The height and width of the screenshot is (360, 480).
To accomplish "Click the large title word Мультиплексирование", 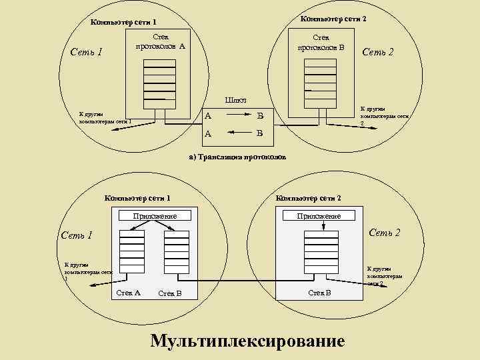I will pos(248,341).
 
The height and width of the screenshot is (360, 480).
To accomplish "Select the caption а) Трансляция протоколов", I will pos(237,157).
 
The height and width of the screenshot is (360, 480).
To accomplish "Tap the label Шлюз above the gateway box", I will pos(236,100).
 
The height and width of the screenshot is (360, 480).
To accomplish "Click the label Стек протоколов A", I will pos(160,42).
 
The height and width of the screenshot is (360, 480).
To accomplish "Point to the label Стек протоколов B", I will pos(321,42).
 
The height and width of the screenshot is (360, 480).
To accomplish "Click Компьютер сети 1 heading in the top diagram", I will pos(123,23).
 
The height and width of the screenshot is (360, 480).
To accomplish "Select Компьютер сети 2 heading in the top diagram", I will pos(333,19).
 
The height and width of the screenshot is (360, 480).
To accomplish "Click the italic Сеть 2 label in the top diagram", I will pos(378,51).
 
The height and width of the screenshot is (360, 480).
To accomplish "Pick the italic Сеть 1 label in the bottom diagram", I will pos(77,235).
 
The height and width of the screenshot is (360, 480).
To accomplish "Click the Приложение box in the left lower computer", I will pos(154,216).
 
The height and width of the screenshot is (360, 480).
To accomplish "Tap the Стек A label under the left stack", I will pos(128,293).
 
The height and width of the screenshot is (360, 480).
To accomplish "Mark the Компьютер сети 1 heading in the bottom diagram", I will pos(138,198).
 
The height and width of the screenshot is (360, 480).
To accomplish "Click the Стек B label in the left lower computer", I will pos(170,293).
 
